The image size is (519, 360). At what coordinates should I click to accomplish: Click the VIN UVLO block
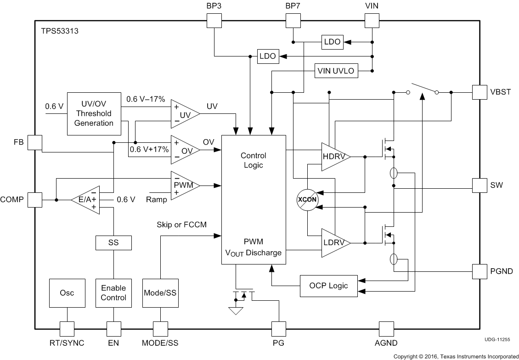pos(336,71)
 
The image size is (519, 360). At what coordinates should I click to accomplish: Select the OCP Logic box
pos(328,286)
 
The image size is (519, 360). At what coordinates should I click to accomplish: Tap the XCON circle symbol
pos(308,200)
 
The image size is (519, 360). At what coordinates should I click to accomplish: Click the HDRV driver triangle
pos(334,157)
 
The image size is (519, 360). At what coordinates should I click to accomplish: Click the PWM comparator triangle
pos(184,186)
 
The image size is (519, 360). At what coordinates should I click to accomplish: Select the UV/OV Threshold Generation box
pos(94,113)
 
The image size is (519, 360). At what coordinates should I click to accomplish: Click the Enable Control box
pos(113,292)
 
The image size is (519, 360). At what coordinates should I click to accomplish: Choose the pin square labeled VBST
pos(480,92)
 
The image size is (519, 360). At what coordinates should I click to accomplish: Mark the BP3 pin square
pos(214,20)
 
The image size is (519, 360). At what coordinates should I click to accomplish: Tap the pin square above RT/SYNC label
pos(67,328)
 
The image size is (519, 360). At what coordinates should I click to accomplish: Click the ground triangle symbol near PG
pos(236,311)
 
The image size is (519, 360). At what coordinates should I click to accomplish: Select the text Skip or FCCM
pos(182,225)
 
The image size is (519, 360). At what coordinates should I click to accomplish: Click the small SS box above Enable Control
pos(113,242)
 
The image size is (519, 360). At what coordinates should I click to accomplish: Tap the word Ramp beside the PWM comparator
pos(156,199)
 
